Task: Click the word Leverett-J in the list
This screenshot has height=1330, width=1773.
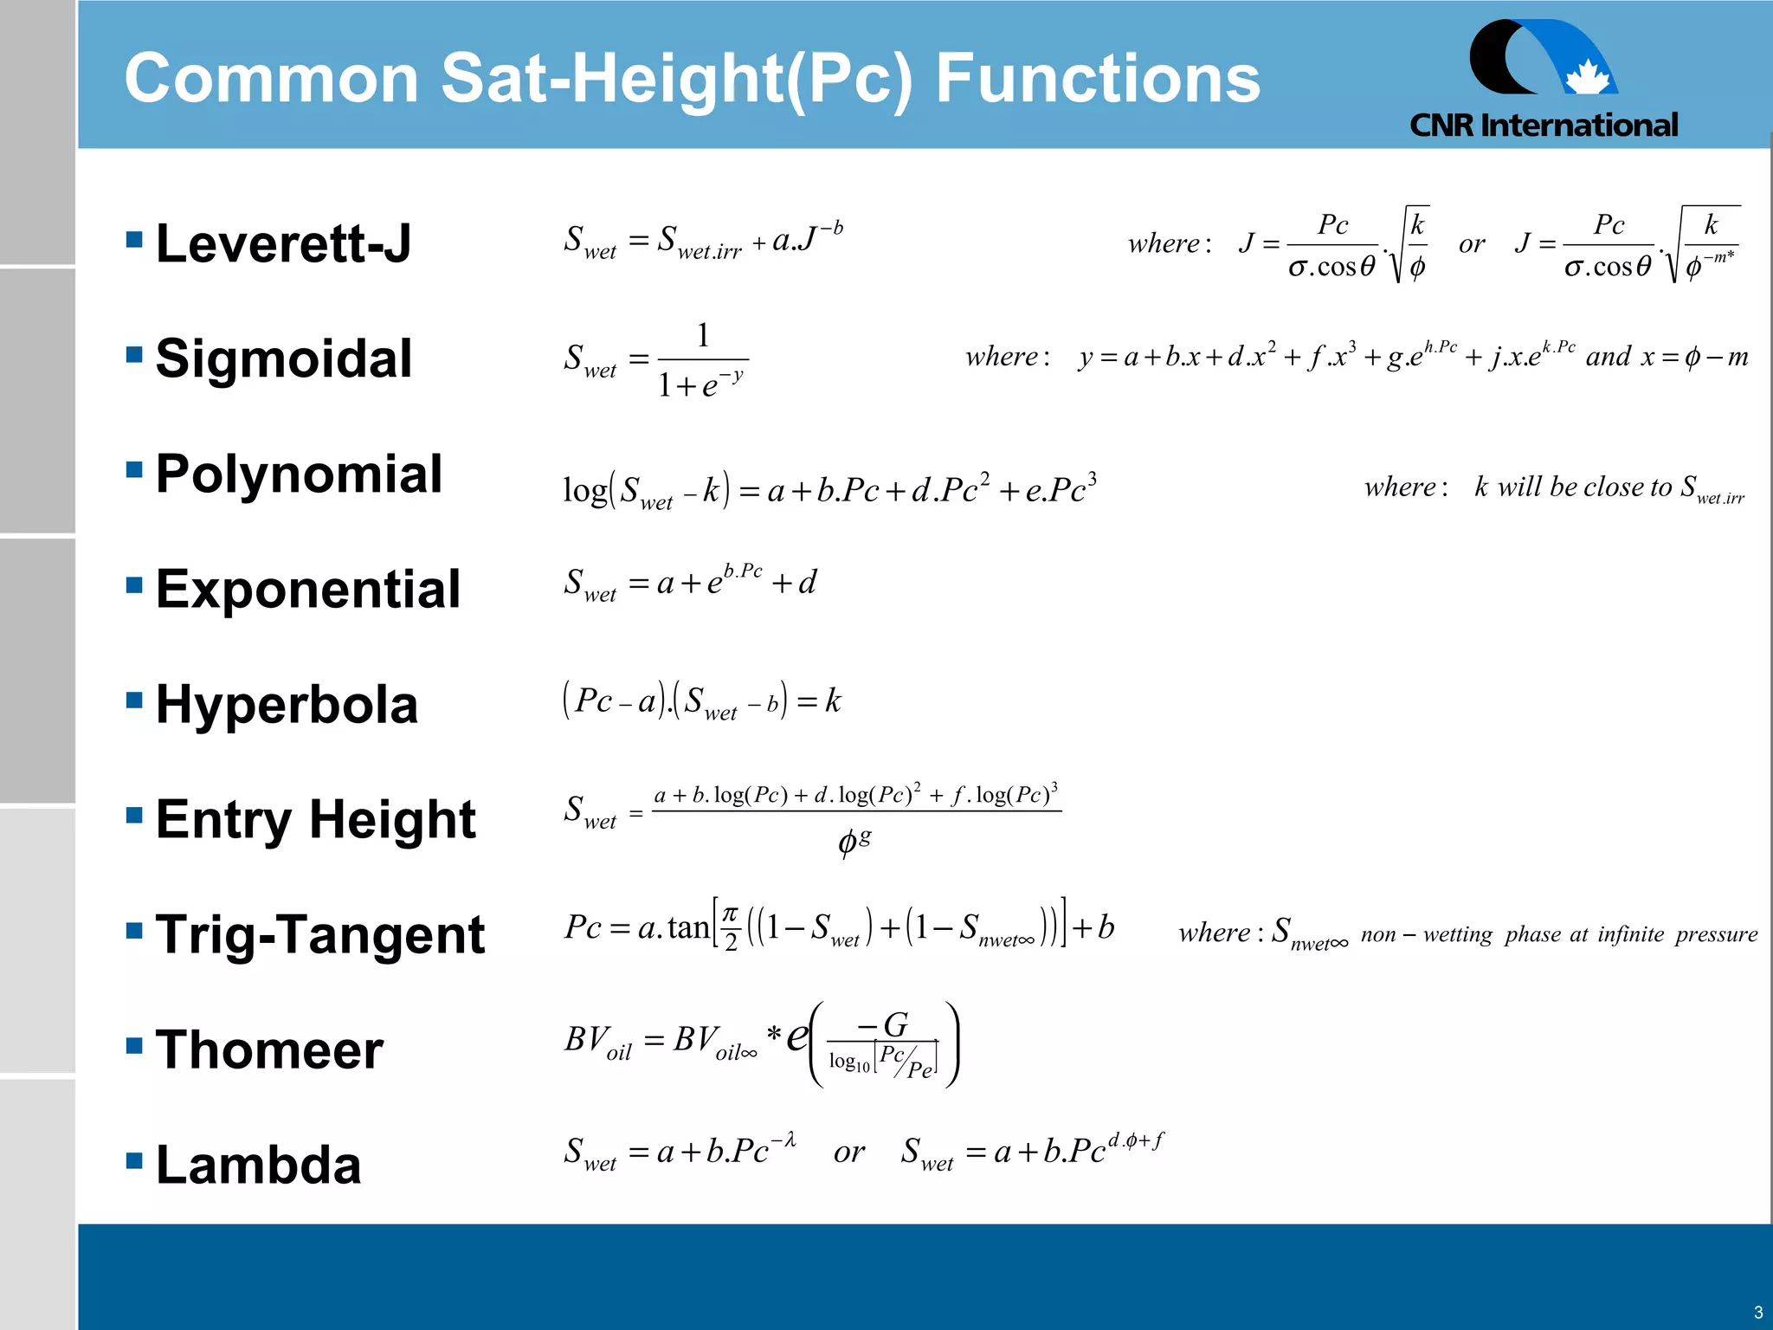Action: tap(283, 243)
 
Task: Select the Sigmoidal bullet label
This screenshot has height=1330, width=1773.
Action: tap(283, 358)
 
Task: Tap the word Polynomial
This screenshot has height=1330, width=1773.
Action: tap(299, 474)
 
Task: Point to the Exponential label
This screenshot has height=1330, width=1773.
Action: tap(307, 589)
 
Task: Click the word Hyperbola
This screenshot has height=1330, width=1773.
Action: tap(287, 704)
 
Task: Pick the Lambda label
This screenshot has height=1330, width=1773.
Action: tap(258, 1165)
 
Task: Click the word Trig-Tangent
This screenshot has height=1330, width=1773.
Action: tap(320, 934)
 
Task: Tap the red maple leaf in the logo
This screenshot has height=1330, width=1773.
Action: tap(1587, 77)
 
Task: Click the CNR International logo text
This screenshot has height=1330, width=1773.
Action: tap(1544, 126)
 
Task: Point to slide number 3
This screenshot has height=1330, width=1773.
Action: tap(1757, 1312)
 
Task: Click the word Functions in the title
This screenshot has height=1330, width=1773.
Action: tap(1098, 78)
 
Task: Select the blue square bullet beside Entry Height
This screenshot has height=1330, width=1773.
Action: tap(134, 815)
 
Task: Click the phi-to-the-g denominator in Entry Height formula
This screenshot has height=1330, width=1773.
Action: tap(854, 841)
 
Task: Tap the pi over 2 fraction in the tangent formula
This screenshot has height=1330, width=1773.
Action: tap(731, 928)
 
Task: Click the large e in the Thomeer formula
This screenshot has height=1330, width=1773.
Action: tap(797, 1036)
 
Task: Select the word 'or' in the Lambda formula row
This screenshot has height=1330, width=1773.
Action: tap(849, 1152)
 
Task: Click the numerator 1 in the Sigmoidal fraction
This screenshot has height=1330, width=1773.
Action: tap(703, 335)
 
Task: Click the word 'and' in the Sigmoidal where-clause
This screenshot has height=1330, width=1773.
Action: tap(1608, 356)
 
